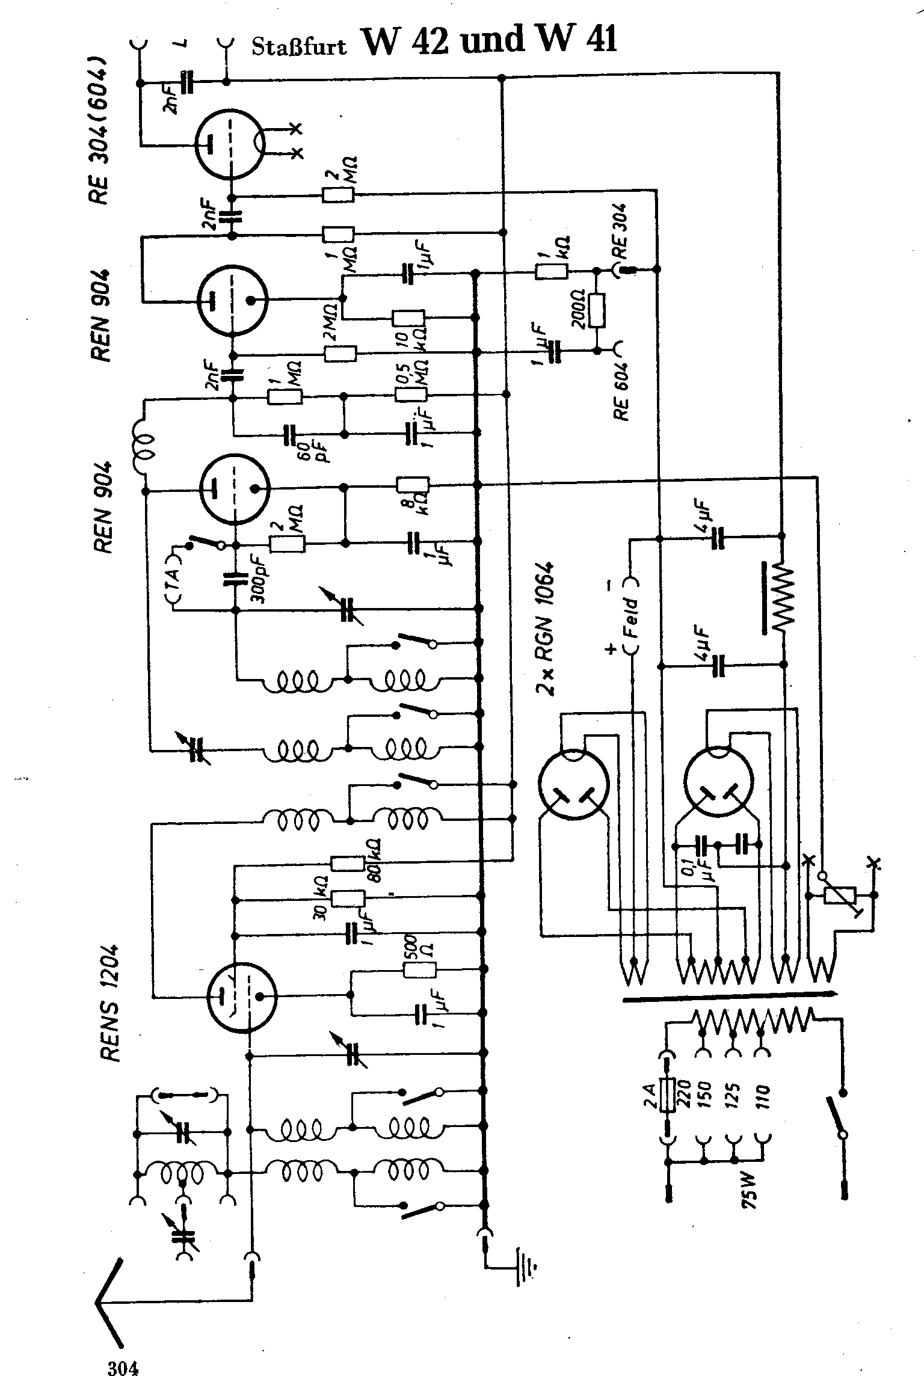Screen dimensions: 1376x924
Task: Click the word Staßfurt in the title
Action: pyautogui.click(x=299, y=47)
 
